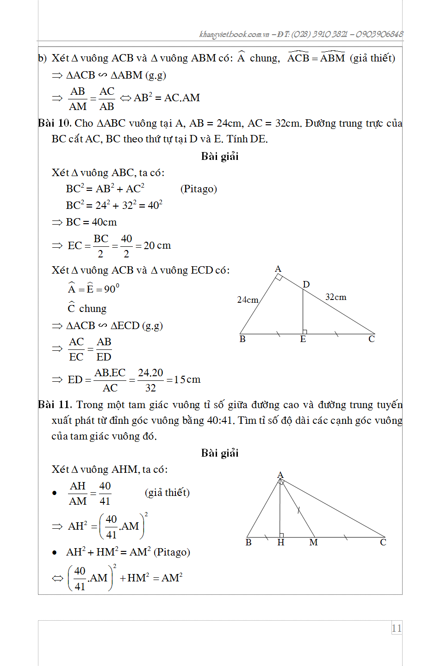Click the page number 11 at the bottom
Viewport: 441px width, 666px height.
point(397,628)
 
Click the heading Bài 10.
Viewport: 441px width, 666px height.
point(54,123)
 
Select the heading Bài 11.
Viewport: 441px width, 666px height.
point(54,405)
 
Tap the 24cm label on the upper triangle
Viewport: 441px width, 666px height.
point(248,300)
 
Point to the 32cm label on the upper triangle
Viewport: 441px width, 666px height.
point(335,297)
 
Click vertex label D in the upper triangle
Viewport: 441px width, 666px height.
point(306,284)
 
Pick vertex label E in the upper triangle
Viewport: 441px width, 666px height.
point(303,339)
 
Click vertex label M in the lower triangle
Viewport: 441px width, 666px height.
point(313,543)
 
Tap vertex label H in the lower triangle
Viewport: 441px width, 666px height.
point(280,543)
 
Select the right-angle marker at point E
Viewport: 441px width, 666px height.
point(305,331)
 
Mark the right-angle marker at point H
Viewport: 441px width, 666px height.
point(282,535)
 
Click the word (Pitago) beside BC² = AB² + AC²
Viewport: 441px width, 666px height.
point(199,189)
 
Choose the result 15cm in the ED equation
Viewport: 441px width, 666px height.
point(187,379)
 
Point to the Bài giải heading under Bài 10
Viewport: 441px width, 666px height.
point(220,156)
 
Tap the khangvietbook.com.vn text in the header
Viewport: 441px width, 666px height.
point(234,34)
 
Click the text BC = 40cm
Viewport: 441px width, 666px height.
point(91,222)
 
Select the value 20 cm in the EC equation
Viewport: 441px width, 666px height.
point(157,245)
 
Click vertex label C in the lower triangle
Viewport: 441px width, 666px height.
point(383,543)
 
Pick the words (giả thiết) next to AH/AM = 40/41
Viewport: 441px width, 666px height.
point(167,493)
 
